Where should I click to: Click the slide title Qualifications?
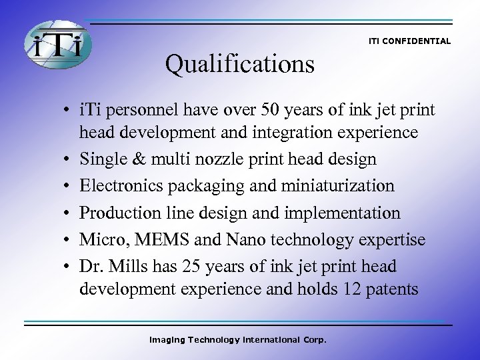(240, 64)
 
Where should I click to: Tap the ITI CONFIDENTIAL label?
(409, 41)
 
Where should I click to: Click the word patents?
(396, 289)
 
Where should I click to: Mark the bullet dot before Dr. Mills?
(70, 267)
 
